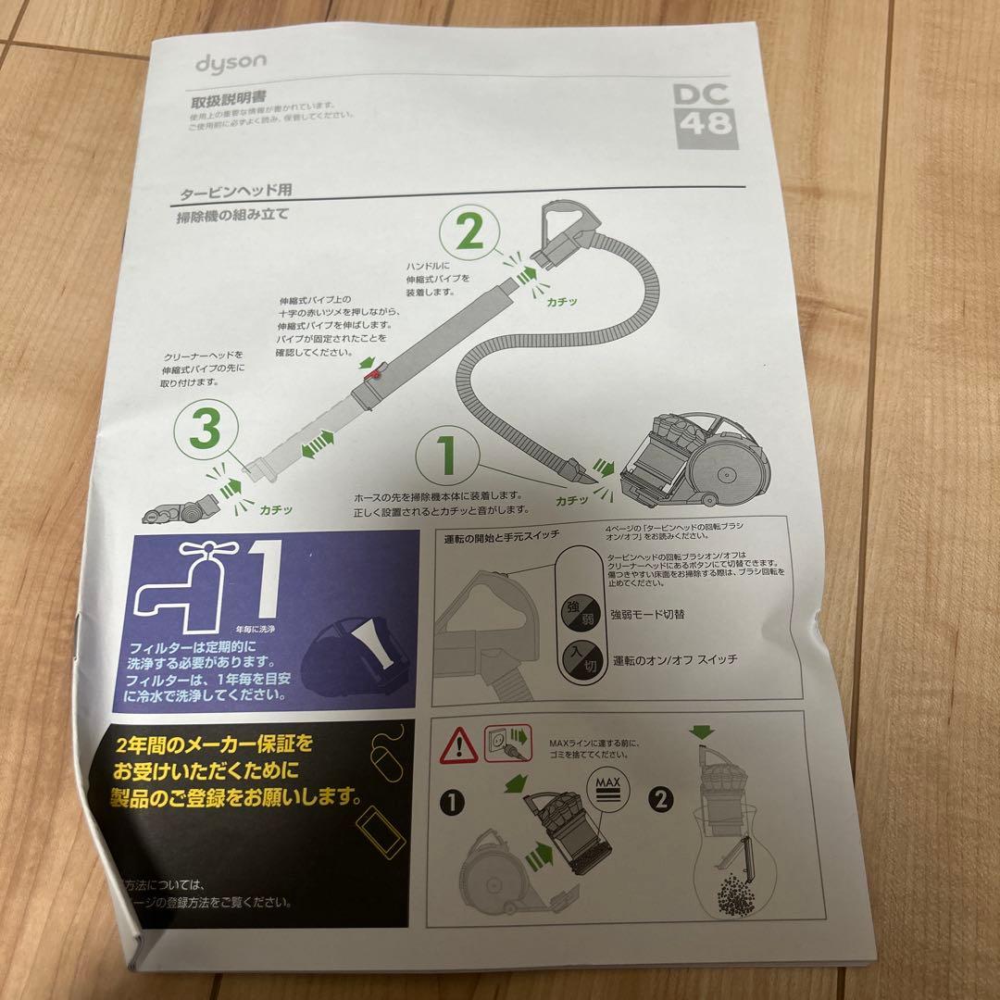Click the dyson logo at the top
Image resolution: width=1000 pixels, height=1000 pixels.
[231, 62]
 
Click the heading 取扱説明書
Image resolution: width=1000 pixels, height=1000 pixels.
[220, 100]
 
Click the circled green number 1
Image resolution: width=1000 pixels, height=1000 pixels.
[447, 456]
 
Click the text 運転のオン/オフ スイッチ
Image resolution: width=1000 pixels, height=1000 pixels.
[673, 659]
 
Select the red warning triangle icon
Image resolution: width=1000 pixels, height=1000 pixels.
[459, 744]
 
